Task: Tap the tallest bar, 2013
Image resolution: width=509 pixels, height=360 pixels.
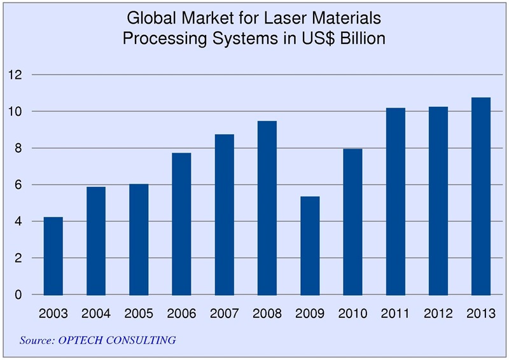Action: point(480,197)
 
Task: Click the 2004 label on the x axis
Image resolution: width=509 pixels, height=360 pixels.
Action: point(96,314)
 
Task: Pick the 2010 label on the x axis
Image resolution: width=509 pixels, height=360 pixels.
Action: point(352,314)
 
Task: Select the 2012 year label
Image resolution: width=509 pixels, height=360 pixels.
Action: point(438,314)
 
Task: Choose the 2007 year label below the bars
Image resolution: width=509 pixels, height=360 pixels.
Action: point(224,314)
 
